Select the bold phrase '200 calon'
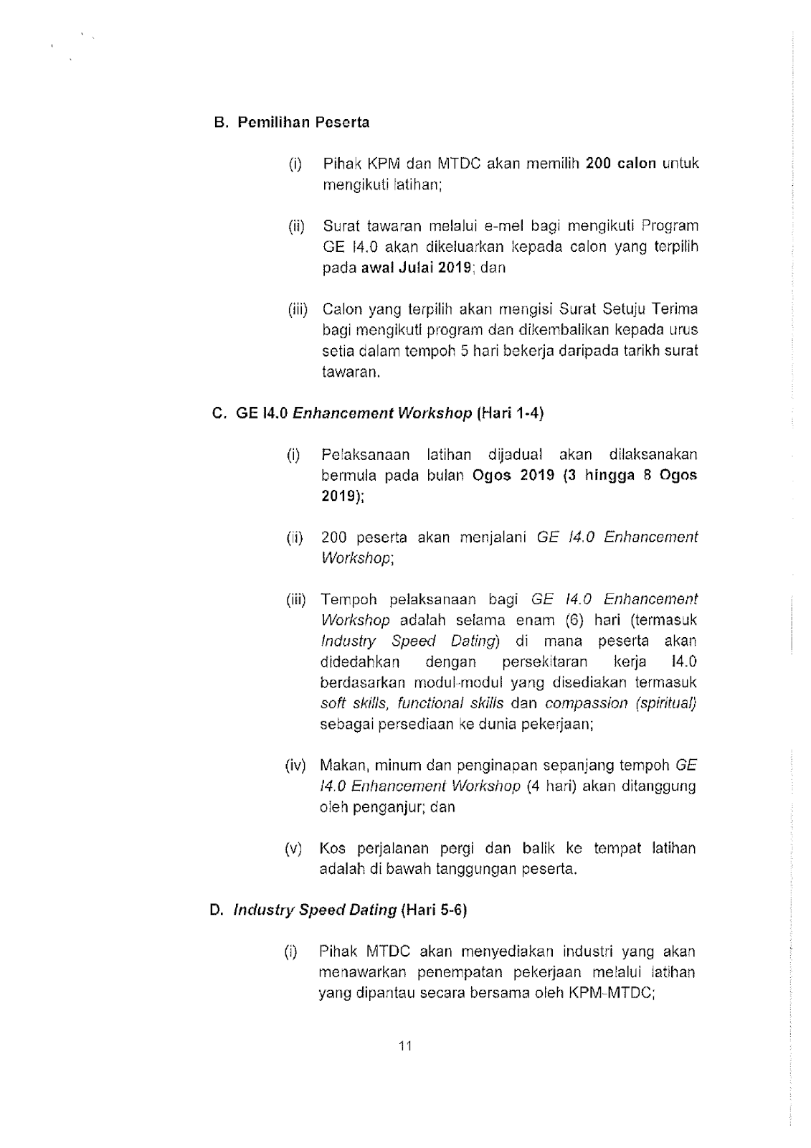pyautogui.click(x=621, y=163)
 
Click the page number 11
pyautogui.click(x=405, y=1046)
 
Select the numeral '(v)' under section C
pyautogui.click(x=293, y=849)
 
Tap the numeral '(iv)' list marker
pyautogui.click(x=295, y=765)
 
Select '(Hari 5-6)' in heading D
pyautogui.click(x=435, y=911)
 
